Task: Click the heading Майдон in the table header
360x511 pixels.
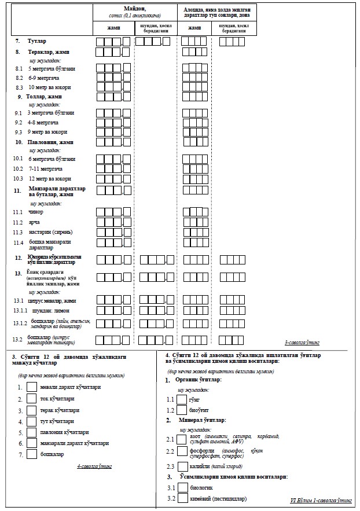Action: [134, 9]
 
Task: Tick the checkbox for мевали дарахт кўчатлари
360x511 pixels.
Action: [32, 387]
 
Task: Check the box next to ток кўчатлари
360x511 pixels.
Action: [32, 399]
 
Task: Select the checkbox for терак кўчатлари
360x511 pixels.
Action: [32, 410]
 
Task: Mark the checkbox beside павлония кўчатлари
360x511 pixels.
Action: [32, 432]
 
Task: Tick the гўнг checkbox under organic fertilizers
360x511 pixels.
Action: [182, 399]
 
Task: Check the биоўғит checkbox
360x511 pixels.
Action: [182, 410]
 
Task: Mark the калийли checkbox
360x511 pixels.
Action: [182, 466]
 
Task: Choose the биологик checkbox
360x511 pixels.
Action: [182, 488]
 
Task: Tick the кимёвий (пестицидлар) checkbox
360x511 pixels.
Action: [182, 499]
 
